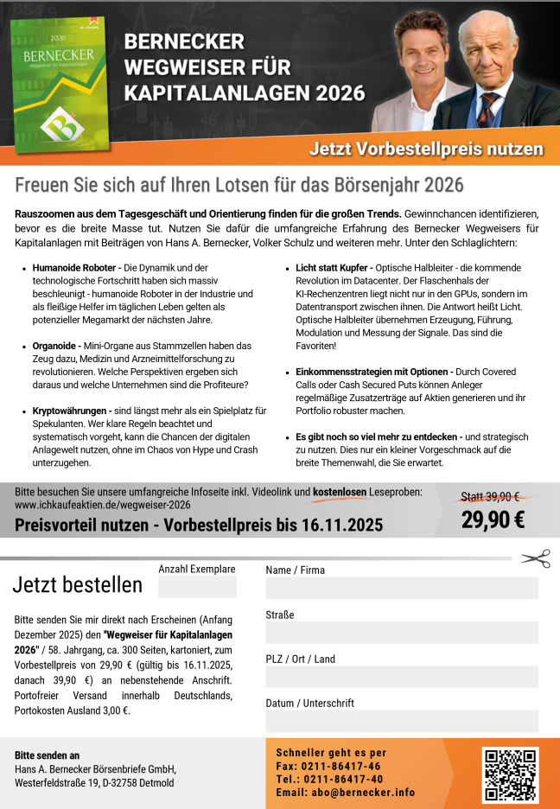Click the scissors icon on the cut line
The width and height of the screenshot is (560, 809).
pos(537,558)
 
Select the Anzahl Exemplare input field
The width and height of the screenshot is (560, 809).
pos(197,588)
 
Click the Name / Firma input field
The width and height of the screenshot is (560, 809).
pos(401,589)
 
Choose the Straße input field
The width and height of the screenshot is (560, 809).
pos(401,633)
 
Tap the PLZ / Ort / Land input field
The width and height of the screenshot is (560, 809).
pos(401,677)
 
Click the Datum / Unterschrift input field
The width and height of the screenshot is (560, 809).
pos(401,721)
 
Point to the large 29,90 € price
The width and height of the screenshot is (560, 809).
pos(493,519)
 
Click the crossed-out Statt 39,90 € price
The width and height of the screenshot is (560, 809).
pos(489,496)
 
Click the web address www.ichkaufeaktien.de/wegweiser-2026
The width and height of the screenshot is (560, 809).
pos(103,505)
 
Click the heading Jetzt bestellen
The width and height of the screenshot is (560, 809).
pos(77,585)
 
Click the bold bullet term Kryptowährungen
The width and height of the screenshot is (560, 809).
pos(70,410)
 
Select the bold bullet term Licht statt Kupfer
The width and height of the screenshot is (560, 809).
pos(331,269)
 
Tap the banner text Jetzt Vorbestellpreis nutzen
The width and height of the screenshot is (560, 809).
pos(426,149)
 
